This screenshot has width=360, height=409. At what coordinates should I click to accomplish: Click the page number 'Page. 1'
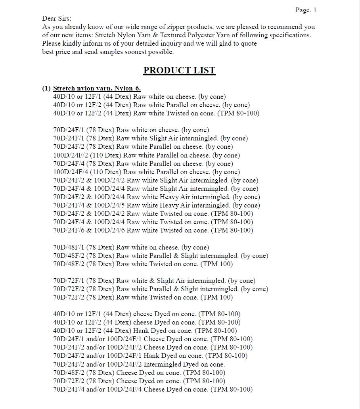(x=306, y=10)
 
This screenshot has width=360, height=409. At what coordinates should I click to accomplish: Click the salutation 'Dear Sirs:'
(x=57, y=19)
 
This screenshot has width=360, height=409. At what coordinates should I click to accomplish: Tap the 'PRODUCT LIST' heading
(x=179, y=71)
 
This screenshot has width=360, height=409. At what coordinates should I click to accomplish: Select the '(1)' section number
(x=46, y=88)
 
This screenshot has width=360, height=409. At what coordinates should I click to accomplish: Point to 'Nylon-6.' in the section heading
(x=128, y=88)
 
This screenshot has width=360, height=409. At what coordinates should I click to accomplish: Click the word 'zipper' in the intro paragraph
(x=177, y=27)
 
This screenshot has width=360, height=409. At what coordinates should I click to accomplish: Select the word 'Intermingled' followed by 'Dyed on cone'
(x=163, y=364)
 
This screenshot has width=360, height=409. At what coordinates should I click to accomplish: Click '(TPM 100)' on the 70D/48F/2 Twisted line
(x=217, y=264)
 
